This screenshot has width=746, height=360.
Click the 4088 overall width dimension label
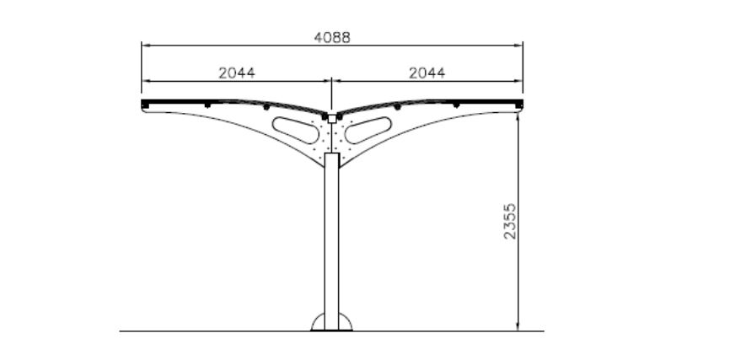332,38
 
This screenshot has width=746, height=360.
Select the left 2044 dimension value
237,73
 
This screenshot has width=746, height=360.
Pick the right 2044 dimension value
427,73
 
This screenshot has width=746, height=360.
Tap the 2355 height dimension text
509,221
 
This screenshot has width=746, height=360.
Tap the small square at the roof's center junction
332,120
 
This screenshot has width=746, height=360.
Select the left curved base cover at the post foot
318,322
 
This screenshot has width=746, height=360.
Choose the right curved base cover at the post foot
346,322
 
